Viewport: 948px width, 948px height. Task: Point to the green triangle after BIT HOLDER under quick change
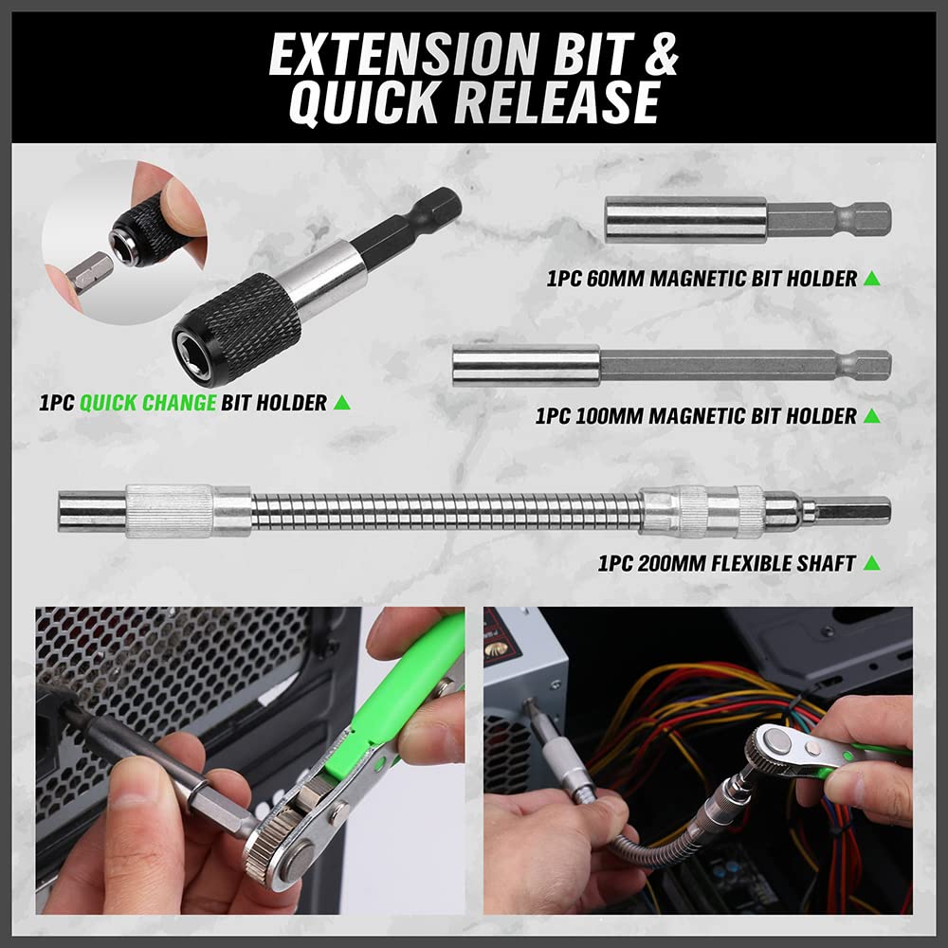coord(342,403)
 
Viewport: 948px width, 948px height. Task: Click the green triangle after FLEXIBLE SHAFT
coord(872,563)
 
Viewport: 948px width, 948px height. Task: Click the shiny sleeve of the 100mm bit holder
coord(526,365)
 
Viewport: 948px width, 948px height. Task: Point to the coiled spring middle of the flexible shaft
coord(446,511)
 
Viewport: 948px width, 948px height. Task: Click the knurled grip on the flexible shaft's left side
coord(170,511)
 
